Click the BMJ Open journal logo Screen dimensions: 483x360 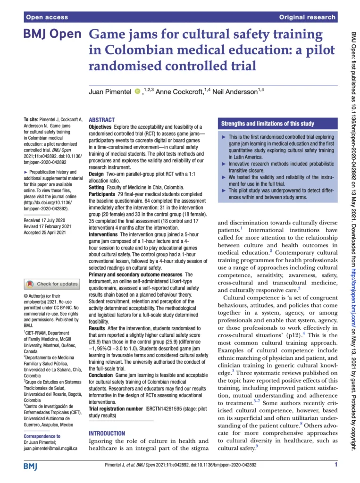point(52,36)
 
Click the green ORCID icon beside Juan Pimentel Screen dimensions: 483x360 point(137,91)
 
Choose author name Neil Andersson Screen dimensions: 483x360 point(234,92)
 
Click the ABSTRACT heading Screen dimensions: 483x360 point(101,120)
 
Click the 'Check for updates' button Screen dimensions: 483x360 point(52,284)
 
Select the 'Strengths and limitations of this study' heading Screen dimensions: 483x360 point(268,124)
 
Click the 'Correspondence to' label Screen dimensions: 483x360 point(42,436)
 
